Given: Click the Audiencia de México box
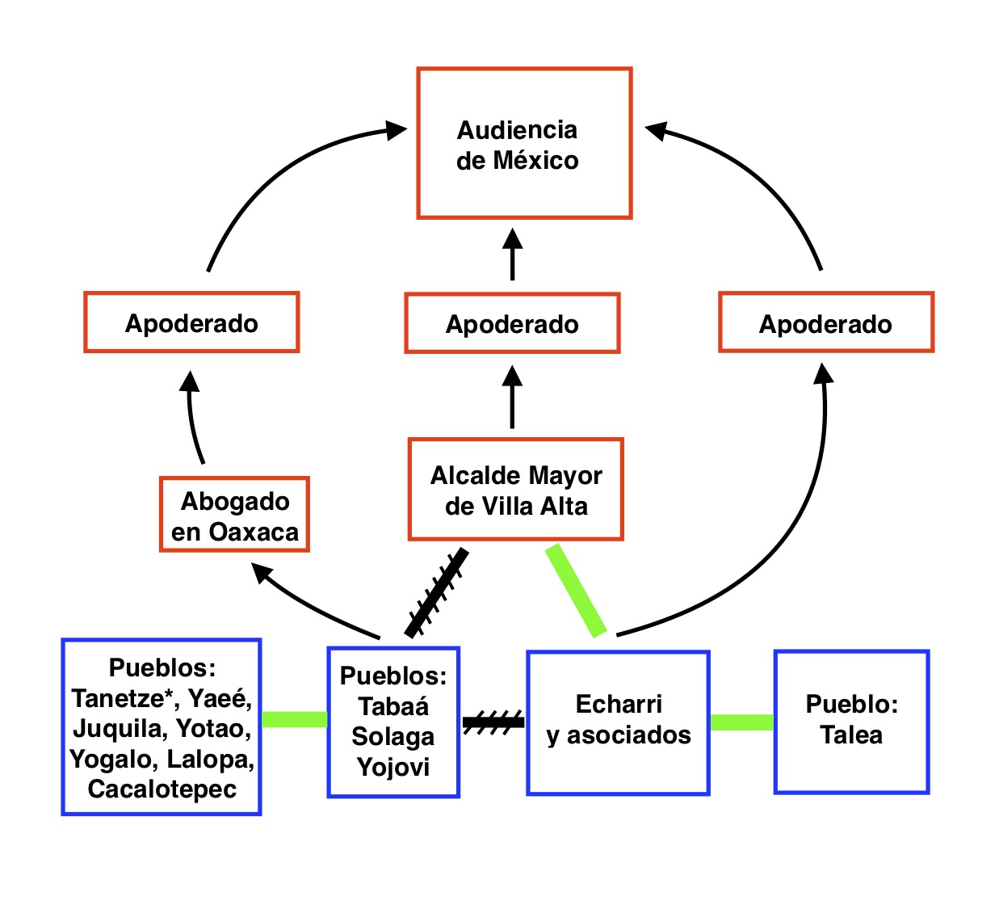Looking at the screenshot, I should tap(524, 143).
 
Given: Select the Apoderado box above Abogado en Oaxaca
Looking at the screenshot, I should tap(191, 322).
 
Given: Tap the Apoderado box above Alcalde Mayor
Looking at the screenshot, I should tap(512, 323).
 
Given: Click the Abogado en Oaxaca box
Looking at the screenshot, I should tap(234, 515).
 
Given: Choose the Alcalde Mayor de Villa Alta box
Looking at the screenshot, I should tap(516, 490).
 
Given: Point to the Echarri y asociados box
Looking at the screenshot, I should tap(618, 722).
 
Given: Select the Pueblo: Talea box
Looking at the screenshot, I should tap(851, 722).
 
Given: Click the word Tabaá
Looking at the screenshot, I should tap(393, 706).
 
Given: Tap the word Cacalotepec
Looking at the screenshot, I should tap(162, 789).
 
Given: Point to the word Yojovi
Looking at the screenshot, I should tap(393, 767).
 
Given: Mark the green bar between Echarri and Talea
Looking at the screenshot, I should tap(741, 722).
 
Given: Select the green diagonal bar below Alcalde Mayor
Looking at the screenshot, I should tap(576, 591).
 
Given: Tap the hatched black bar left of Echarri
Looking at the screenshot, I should tap(493, 722).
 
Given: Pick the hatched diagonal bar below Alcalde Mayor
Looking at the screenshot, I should tap(436, 593).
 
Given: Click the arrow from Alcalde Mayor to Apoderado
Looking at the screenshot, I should tap(512, 397).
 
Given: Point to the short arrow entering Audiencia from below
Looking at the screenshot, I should tap(512, 254).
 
